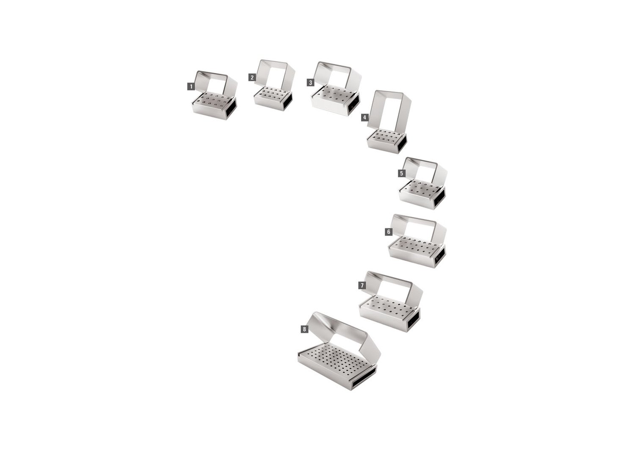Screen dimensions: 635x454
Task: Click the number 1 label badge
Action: tap(191, 86)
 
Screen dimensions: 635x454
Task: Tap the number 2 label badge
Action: tap(252, 77)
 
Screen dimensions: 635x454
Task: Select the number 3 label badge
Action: tap(310, 83)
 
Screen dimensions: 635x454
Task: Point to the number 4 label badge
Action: tap(365, 117)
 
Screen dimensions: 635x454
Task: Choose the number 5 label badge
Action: tap(401, 173)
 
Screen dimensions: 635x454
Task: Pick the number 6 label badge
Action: tap(389, 232)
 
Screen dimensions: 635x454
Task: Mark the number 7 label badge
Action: tap(362, 285)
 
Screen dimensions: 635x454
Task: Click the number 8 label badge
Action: tap(304, 329)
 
